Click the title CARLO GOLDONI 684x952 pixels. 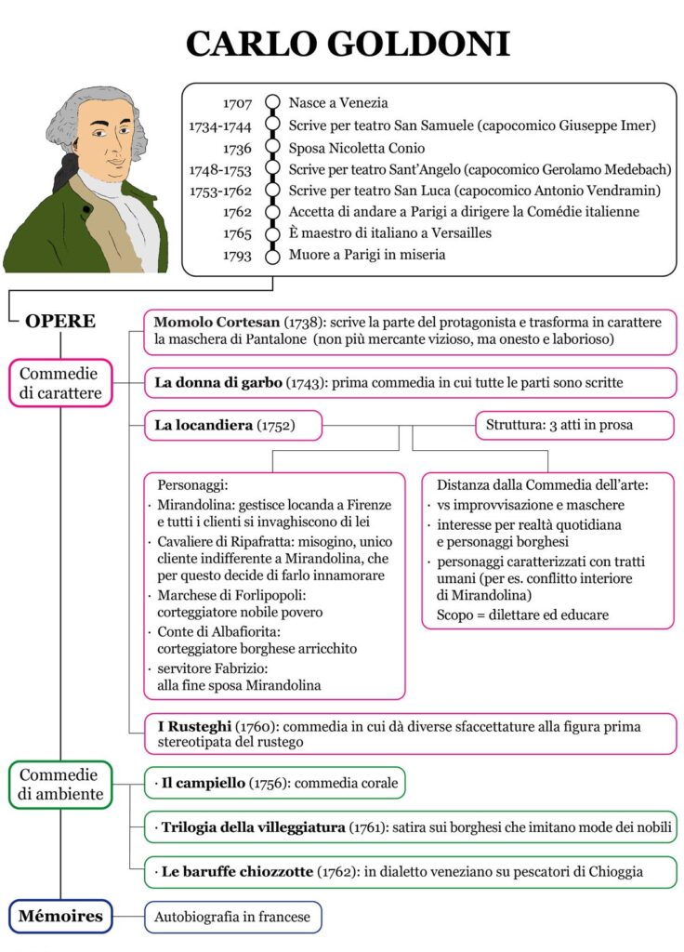(x=348, y=43)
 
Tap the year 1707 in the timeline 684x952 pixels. (x=238, y=103)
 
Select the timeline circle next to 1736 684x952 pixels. (x=272, y=147)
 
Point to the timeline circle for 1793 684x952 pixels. (x=272, y=256)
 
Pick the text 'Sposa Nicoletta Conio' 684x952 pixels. (x=357, y=147)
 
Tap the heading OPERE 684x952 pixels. (x=60, y=322)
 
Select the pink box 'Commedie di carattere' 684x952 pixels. (x=60, y=383)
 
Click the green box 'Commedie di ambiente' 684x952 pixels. (x=60, y=785)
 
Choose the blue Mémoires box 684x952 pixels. (x=60, y=917)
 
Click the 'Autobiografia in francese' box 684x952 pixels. (x=232, y=917)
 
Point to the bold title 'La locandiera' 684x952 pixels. (x=204, y=426)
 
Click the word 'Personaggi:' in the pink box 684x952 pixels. (x=192, y=485)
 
